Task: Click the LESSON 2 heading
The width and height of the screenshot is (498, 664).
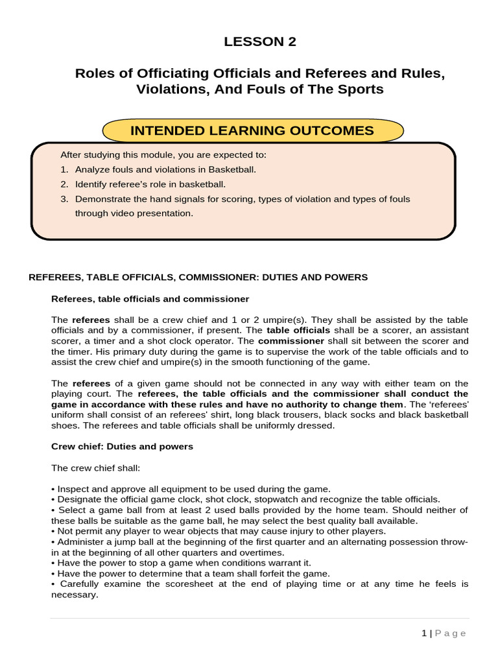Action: pyautogui.click(x=260, y=42)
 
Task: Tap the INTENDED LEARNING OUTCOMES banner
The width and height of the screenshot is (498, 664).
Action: pyautogui.click(x=252, y=130)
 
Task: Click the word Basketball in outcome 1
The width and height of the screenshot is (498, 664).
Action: pyautogui.click(x=231, y=169)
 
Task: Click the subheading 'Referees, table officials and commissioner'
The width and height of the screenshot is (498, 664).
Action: pyautogui.click(x=150, y=299)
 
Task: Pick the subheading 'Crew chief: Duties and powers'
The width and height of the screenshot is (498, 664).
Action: pyautogui.click(x=122, y=447)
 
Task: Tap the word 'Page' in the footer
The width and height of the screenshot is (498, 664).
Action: pyautogui.click(x=451, y=634)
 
